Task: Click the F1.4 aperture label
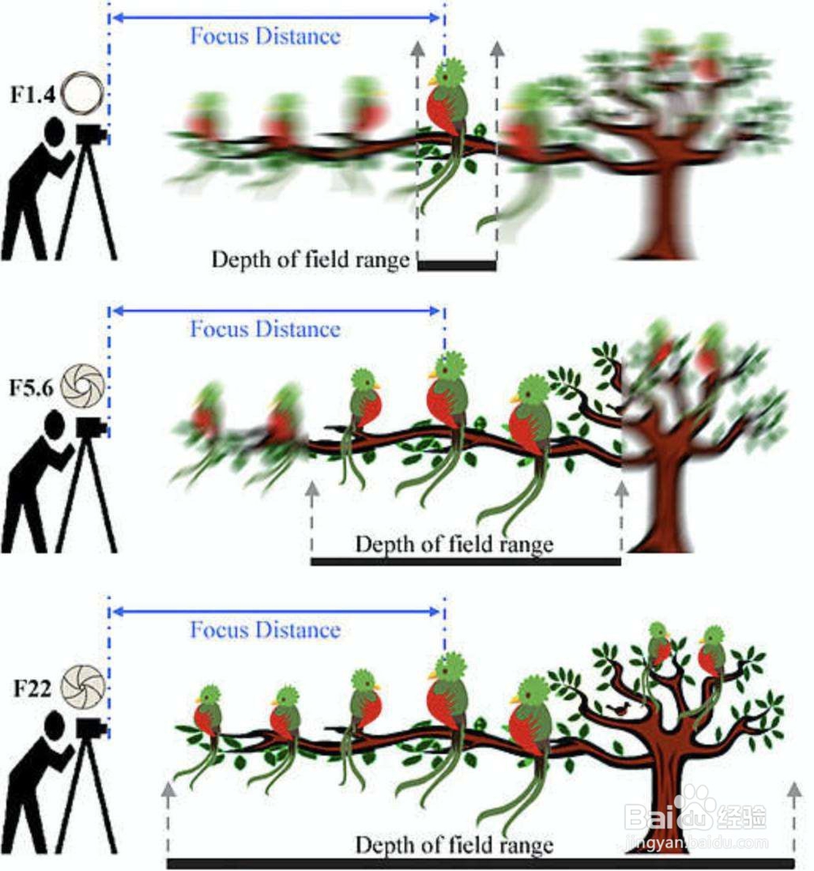33,94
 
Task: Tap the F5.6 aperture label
32,387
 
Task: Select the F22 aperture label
33,689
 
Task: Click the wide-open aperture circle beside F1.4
82,93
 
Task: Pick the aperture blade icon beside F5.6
82,386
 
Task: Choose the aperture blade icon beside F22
82,687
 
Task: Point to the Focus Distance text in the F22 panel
265,630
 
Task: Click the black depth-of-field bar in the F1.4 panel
457,265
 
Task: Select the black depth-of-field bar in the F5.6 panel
466,562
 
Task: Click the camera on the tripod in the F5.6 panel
91,426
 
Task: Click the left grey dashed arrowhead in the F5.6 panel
313,489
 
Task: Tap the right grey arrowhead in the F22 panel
794,789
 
